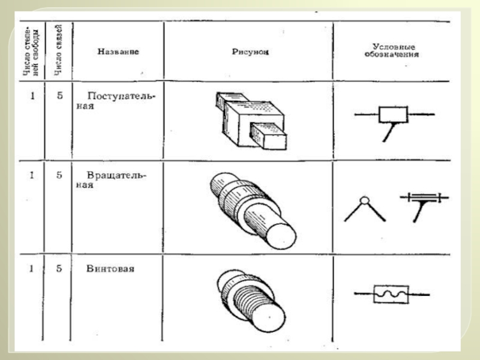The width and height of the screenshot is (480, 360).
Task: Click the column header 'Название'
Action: pyautogui.click(x=118, y=52)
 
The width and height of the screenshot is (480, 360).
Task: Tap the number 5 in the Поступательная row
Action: pyautogui.click(x=59, y=95)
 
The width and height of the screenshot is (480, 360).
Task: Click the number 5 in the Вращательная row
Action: pyautogui.click(x=59, y=175)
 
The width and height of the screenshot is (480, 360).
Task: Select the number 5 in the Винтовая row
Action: pyautogui.click(x=59, y=269)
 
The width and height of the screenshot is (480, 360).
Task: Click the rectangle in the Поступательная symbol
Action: pyautogui.click(x=392, y=114)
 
